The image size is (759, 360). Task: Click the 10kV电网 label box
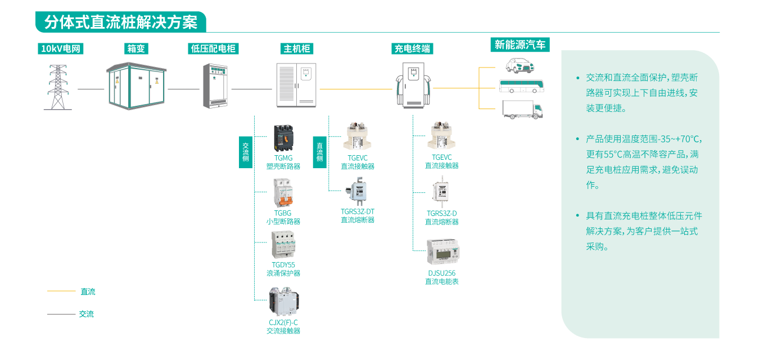tap(61, 49)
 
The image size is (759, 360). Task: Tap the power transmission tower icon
tap(57, 87)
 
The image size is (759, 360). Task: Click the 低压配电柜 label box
tap(214, 49)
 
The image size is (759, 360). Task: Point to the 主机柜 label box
tap(296, 49)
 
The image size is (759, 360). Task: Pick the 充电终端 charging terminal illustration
tap(413, 84)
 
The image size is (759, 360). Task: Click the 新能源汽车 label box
tap(520, 45)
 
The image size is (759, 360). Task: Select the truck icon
tap(522, 109)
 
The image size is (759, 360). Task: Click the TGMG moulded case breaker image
tap(283, 138)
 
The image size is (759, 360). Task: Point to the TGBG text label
tap(283, 213)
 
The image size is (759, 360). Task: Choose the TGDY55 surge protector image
tap(283, 245)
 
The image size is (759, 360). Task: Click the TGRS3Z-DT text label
tap(358, 211)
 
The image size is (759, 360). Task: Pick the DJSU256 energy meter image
tap(442, 253)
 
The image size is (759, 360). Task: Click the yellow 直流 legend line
tap(61, 291)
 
